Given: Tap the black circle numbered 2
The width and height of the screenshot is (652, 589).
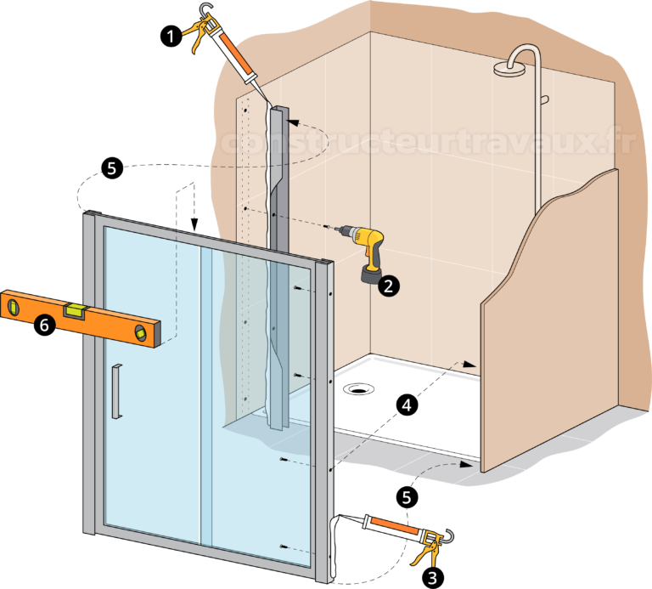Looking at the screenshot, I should click(x=388, y=286).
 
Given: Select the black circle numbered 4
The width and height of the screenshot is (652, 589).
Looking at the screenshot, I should click(x=407, y=406).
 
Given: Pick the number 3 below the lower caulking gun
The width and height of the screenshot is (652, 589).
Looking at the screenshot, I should click(x=432, y=578).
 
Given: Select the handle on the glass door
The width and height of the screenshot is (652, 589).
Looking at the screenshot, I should click(x=116, y=390).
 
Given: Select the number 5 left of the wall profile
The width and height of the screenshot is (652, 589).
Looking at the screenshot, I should click(x=111, y=167).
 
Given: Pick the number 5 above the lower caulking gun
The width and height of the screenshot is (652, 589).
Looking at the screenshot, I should click(x=407, y=497).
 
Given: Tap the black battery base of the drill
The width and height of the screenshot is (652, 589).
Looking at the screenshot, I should click(x=371, y=277).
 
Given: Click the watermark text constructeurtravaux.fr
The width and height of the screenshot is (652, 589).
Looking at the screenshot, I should click(x=424, y=142).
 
